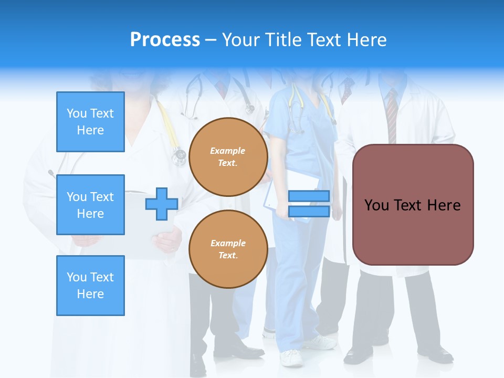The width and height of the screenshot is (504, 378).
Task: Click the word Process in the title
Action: tap(165, 40)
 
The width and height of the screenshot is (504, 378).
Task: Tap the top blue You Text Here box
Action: tap(90, 122)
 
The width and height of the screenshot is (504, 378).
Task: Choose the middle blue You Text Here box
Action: tap(90, 205)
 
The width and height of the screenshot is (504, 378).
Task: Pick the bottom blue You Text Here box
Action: tap(90, 286)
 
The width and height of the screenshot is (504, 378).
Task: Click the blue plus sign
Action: tap(162, 204)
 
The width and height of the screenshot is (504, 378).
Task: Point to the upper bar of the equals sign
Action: tap(309, 196)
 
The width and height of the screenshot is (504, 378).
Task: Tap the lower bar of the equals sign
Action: tap(309, 211)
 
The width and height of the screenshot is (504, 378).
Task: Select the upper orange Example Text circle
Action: tap(228, 156)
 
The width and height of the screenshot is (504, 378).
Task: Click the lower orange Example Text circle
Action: tap(228, 249)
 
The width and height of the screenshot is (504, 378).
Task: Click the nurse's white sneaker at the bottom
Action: tap(291, 358)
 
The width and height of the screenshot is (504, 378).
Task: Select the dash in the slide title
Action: tap(211, 40)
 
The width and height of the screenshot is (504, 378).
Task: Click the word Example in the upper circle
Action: tap(228, 151)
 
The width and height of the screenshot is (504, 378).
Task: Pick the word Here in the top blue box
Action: tap(90, 130)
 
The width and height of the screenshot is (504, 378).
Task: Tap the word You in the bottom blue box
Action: tap(76, 277)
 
